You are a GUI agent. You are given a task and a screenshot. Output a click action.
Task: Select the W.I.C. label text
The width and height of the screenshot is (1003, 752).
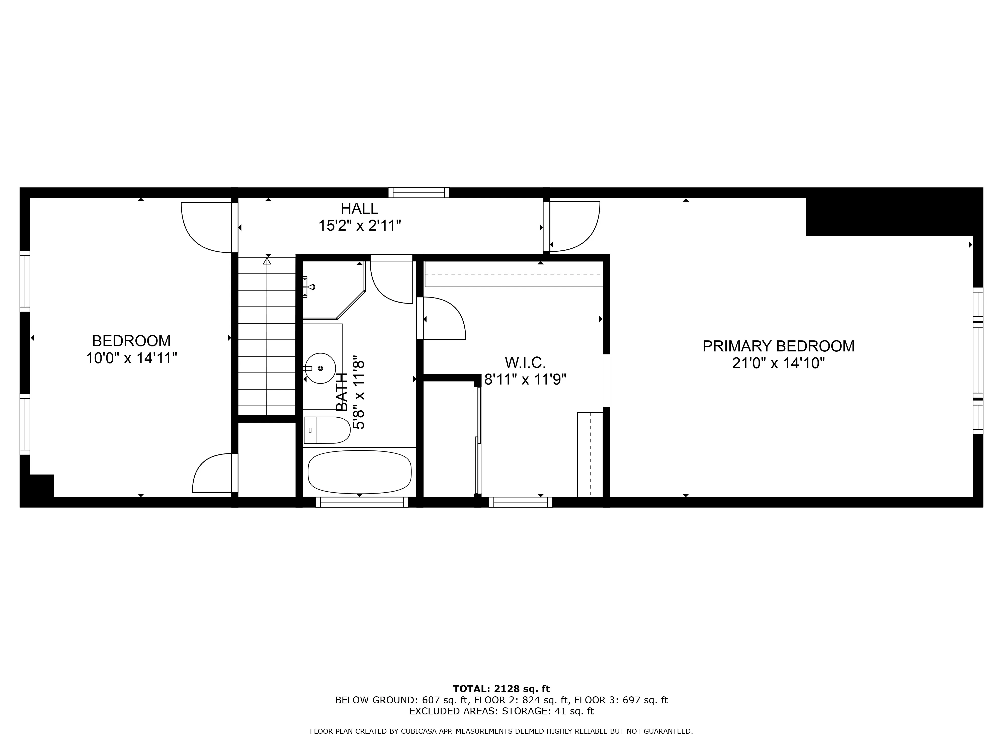coord(525,362)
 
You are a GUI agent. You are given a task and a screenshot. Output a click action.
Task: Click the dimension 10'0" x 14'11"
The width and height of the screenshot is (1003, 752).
coord(131,358)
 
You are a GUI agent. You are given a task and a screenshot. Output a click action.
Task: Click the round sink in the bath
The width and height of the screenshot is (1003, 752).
coord(320,368)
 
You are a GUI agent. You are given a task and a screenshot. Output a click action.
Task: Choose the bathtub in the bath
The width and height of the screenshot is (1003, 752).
coord(360,472)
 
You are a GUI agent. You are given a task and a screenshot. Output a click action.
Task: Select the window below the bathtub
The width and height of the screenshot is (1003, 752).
coord(362,502)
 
